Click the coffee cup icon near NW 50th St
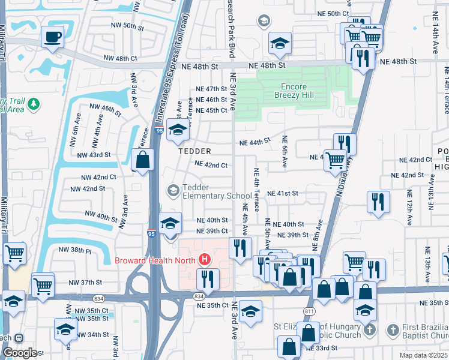(52, 37)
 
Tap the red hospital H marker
(205, 260)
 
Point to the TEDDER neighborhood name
(194, 151)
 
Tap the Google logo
(19, 353)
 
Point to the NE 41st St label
(283, 193)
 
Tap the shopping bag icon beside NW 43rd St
(142, 161)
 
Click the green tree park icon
(34, 104)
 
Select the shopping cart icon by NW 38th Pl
(14, 253)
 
